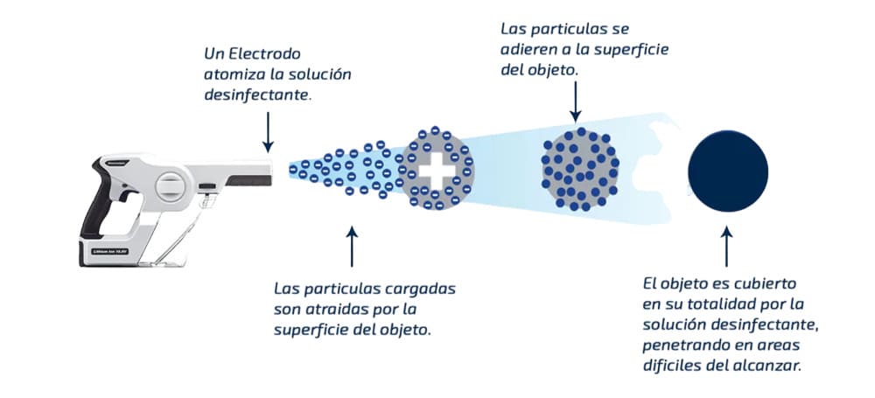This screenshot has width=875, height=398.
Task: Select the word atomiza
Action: point(232,74)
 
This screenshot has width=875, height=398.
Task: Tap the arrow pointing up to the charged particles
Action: point(353,246)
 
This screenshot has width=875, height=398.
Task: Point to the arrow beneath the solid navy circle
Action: point(727,246)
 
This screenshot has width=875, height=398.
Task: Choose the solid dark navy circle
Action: point(727,170)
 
